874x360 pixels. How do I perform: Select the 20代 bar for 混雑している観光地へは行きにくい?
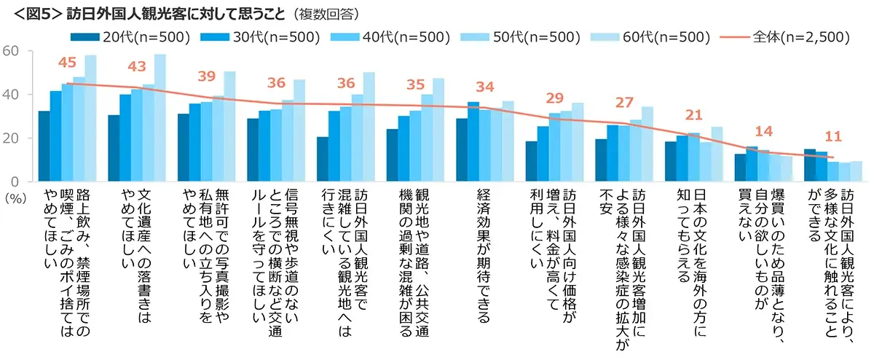pyautogui.click(x=323, y=159)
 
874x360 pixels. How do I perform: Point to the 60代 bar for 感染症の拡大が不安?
pyautogui.click(x=647, y=144)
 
